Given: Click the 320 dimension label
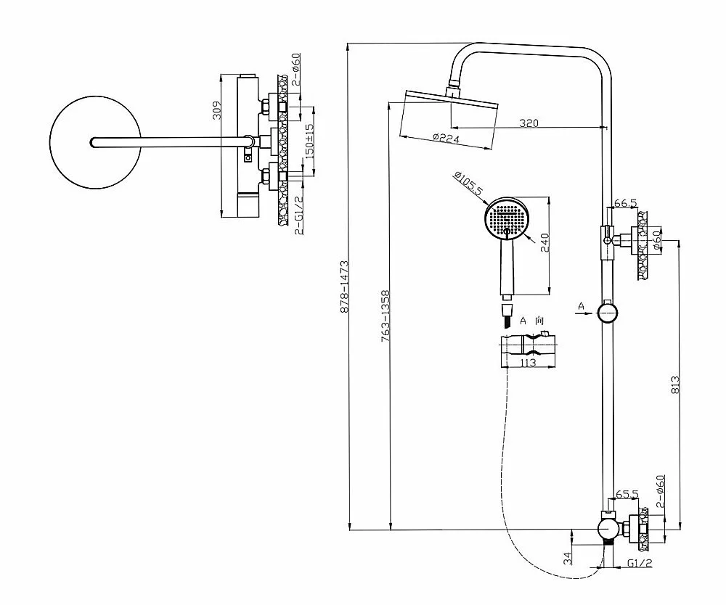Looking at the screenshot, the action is (529, 123).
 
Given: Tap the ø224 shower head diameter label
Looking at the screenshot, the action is (446, 138).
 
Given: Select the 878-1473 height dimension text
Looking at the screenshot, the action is (344, 287).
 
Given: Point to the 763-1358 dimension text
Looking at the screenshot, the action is (386, 316).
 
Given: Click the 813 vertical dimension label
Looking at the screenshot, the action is (675, 384).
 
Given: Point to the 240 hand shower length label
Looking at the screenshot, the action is (544, 243).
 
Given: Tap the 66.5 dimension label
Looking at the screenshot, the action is (626, 203).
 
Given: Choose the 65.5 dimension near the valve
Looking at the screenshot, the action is (627, 494).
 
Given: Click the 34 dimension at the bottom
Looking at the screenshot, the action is (568, 559).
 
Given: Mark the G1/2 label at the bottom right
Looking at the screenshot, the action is (640, 563).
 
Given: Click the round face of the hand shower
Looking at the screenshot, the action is (507, 219).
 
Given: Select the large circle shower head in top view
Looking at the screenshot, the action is (95, 142).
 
